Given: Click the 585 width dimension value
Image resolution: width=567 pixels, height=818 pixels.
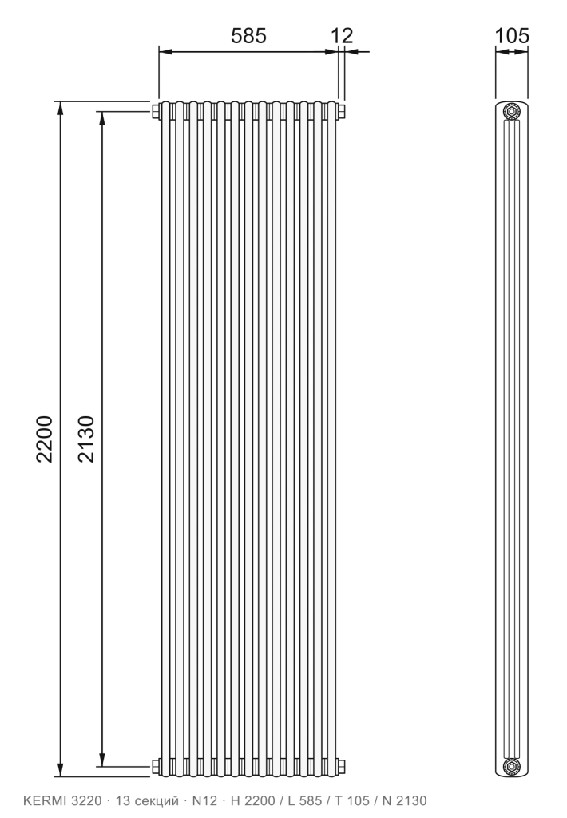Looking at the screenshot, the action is click(x=248, y=35).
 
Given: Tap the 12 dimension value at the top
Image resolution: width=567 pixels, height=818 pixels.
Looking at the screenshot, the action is click(x=342, y=35).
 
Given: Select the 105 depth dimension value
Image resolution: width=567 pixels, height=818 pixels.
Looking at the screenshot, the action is click(x=511, y=35).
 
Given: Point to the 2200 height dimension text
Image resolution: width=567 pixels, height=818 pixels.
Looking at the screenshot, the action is click(x=45, y=439).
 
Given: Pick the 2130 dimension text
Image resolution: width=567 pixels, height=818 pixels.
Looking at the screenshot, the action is click(x=86, y=439).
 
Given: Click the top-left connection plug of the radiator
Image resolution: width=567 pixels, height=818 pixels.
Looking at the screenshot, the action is click(x=156, y=111).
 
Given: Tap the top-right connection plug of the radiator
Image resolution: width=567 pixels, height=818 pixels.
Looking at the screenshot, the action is click(x=341, y=111).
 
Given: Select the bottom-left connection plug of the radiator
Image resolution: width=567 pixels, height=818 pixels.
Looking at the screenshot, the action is click(x=156, y=766).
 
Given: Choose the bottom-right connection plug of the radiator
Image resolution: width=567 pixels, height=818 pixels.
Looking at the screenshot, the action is click(x=341, y=766).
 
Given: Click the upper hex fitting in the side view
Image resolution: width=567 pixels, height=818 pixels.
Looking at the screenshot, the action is click(x=511, y=112).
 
